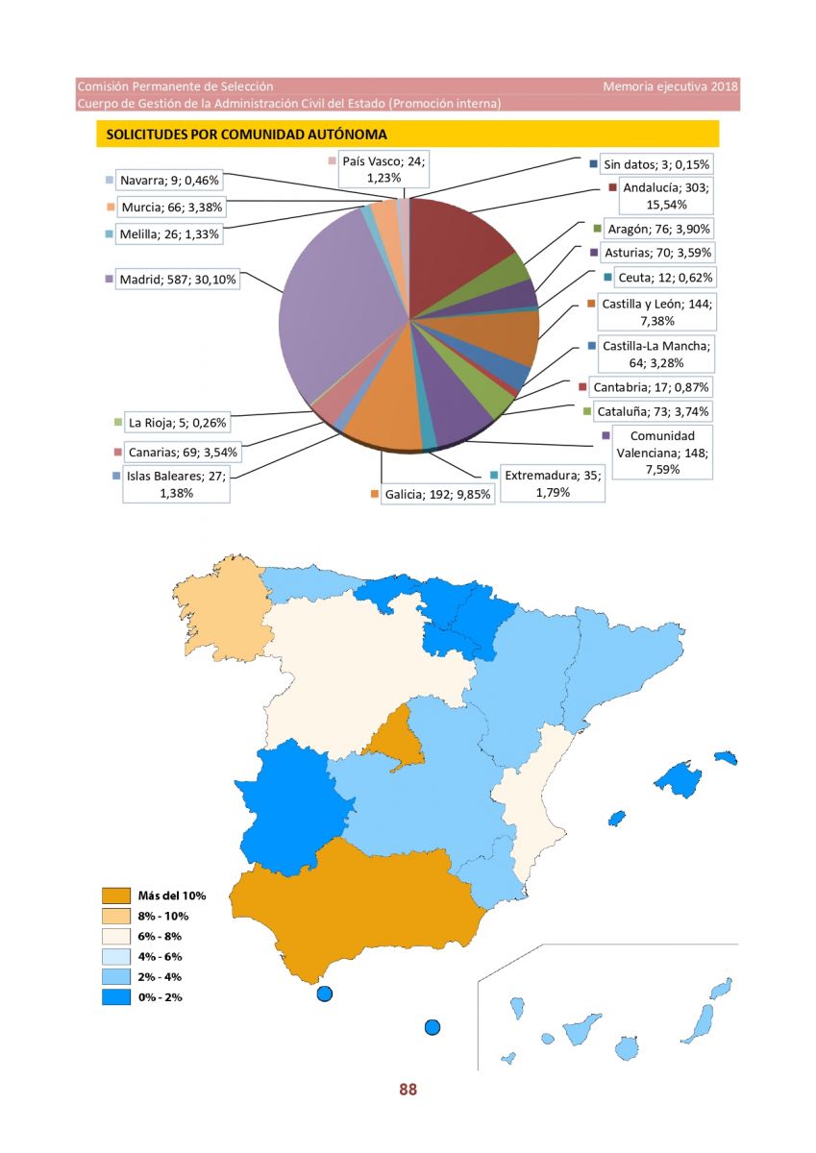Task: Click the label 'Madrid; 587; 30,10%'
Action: pyautogui.click(x=178, y=280)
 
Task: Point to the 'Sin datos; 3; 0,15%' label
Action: pyautogui.click(x=656, y=164)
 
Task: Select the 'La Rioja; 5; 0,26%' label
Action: pyautogui.click(x=177, y=423)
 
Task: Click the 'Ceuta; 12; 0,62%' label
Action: pyautogui.click(x=665, y=278)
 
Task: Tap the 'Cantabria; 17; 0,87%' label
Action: pyautogui.click(x=651, y=386)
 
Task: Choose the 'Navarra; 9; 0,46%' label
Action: pyautogui.click(x=169, y=181)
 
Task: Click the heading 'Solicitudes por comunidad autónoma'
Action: pyautogui.click(x=246, y=135)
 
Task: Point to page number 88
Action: pyautogui.click(x=408, y=1089)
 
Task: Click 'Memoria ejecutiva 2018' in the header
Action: pyautogui.click(x=670, y=86)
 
